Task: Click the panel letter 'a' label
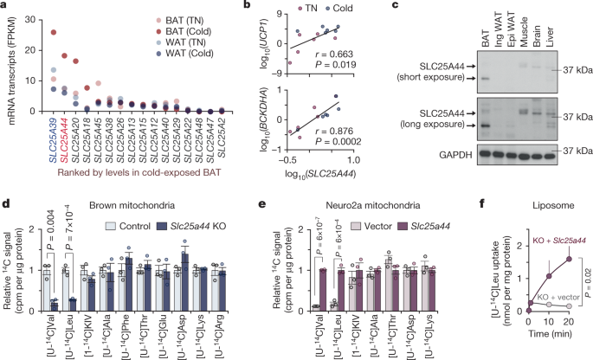(x=5, y=6)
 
